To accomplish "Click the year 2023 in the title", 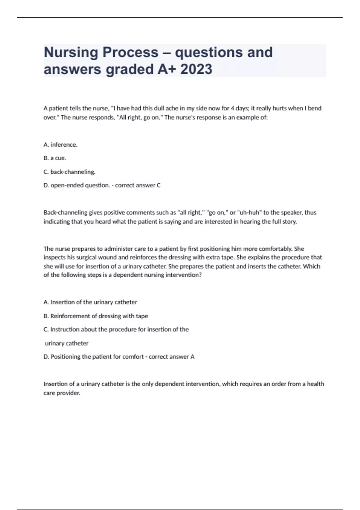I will pos(196,69).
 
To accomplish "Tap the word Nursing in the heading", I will pos(71,52).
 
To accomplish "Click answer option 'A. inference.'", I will pos(61,145).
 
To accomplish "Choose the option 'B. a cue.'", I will pos(55,158).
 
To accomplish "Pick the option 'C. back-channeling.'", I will pos(70,172).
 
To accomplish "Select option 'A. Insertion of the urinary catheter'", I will pos(90,302).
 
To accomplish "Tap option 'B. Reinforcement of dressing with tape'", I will pos(96,316).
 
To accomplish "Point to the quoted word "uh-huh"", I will pos(250,212).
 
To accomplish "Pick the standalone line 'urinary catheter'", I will pos(67,343).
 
